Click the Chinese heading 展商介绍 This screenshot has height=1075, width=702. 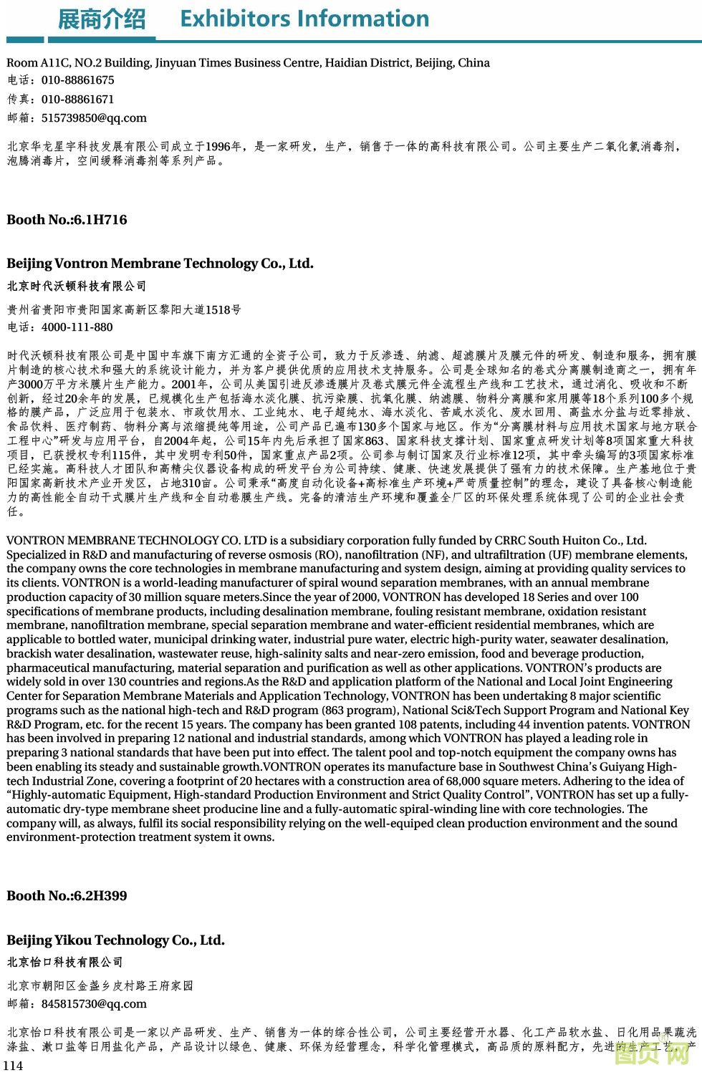pos(101,19)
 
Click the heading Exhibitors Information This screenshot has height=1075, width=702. pos(304,19)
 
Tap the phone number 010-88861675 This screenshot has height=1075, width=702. pos(77,80)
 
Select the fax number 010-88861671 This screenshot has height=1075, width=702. pos(77,100)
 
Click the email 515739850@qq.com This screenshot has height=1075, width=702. pos(94,118)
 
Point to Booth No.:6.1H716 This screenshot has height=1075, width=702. pos(67,220)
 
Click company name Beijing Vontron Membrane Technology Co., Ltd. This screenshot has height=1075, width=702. pos(160,264)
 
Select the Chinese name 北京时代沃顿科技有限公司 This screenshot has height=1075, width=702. pos(77,286)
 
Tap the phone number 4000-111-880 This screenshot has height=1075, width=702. pos(77,327)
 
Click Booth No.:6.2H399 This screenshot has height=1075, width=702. pos(67,896)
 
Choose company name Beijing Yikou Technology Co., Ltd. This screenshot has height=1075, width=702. pos(115,940)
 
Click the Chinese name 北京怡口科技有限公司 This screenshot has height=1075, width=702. pos(65,963)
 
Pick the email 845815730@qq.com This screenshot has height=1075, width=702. pos(94,1004)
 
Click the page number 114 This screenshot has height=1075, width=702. pos(13,1066)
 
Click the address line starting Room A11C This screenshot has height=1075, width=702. pos(248,63)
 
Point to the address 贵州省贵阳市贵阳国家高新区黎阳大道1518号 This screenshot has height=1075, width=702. pos(124,310)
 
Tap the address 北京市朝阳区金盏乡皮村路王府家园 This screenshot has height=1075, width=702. pos(100,986)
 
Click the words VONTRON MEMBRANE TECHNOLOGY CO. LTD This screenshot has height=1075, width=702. pos(137,541)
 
